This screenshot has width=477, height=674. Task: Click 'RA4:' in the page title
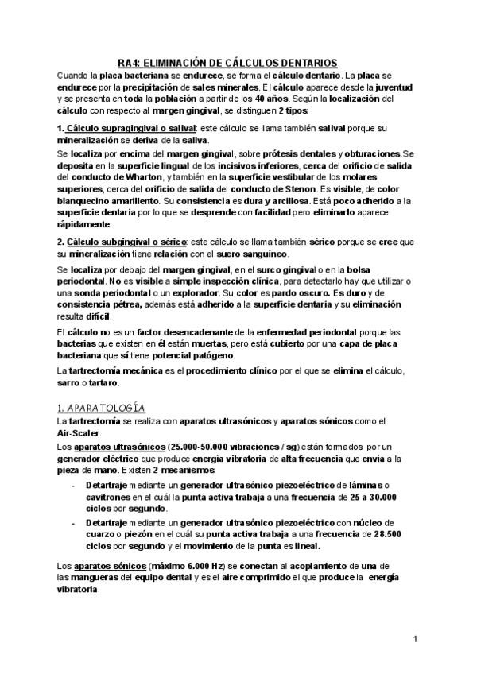tap(130, 62)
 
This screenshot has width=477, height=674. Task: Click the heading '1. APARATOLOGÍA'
tap(100, 407)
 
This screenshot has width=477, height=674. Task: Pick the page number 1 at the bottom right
tap(416, 639)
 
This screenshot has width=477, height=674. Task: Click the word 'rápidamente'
tap(83, 225)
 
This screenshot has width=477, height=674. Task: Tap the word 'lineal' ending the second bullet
tap(304, 546)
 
